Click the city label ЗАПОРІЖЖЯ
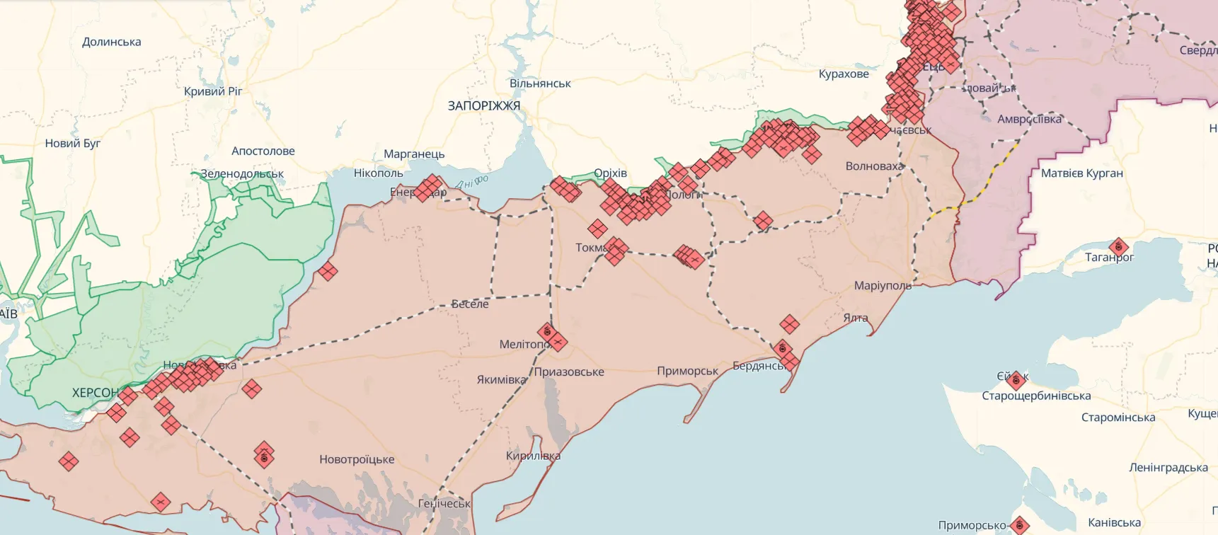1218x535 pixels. point(483,106)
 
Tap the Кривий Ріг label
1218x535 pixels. point(213,91)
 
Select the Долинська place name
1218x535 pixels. point(112,42)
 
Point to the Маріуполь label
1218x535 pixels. point(882,286)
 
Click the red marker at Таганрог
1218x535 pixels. point(1118,247)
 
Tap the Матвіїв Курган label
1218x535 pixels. point(1081,173)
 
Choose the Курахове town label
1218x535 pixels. point(844,74)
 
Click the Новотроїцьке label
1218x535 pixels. point(357,460)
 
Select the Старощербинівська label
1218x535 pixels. point(1036,396)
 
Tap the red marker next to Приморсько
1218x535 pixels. point(1019,525)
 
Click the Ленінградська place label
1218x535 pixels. point(1168,468)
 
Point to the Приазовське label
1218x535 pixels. point(569,372)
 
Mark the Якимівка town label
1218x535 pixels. point(501,380)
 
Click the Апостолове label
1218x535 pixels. point(263,151)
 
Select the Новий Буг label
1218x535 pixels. point(73,144)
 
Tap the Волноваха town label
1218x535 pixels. point(874,166)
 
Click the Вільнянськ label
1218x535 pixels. point(540,84)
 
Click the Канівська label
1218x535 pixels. point(1114,523)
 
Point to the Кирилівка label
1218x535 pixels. point(533,456)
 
